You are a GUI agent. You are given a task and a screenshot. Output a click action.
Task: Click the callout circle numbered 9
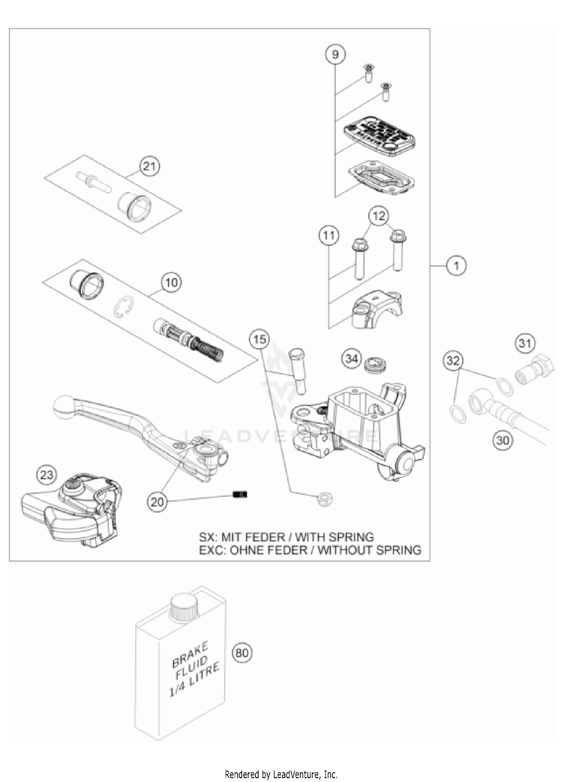pyautogui.click(x=335, y=54)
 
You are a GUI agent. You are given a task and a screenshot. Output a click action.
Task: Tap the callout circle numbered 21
pyautogui.click(x=150, y=166)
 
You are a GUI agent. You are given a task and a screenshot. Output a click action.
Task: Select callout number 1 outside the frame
pyautogui.click(x=456, y=266)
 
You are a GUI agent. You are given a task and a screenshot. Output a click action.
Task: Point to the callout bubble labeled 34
pyautogui.click(x=351, y=359)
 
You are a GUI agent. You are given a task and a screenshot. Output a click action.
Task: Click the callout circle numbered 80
pyautogui.click(x=242, y=653)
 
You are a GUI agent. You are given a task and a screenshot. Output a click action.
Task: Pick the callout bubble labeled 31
pyautogui.click(x=525, y=343)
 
